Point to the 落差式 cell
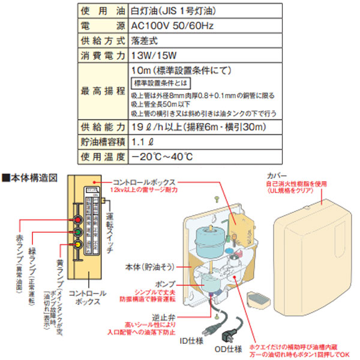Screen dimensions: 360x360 144,42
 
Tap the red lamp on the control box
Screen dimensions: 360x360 77,218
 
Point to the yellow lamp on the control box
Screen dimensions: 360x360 77,244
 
